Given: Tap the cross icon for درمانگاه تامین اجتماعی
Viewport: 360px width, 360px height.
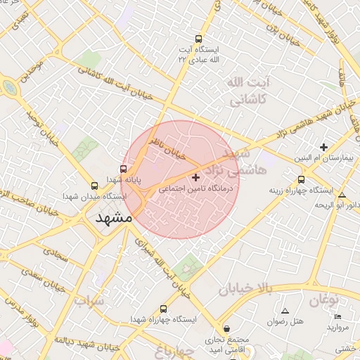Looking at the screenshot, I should pos(195,177).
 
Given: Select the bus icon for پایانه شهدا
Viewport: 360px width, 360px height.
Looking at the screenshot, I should pos(124,169).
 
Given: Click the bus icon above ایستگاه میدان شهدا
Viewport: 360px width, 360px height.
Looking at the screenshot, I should pos(94,186).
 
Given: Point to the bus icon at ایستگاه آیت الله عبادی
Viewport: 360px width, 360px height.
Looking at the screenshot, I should pos(199,39).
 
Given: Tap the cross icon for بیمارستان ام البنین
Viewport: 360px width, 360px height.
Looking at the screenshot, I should pos(323,147).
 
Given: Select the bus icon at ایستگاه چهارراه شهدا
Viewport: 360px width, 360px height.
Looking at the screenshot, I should pos(164,309).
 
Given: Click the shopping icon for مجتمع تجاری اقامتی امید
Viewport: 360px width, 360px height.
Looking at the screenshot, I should pos(226,328).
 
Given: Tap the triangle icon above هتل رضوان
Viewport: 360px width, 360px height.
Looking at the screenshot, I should pos(285,310).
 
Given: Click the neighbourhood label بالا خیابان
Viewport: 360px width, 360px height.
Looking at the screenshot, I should pos(244,288).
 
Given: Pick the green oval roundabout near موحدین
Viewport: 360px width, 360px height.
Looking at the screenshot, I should pos(10,87).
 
